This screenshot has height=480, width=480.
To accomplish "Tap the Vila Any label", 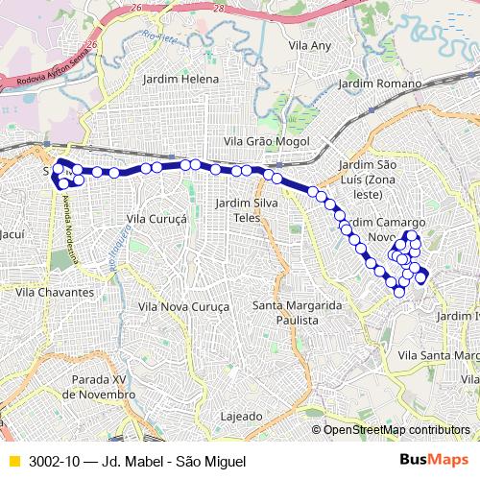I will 309,45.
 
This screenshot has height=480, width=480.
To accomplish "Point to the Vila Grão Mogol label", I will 266,141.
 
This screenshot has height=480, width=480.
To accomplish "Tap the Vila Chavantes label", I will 55,291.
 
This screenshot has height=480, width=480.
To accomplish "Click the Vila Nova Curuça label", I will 184,306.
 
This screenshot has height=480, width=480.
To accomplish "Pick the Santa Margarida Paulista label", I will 297,312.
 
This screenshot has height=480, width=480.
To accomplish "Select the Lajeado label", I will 241,417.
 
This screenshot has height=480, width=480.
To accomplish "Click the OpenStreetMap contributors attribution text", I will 396,429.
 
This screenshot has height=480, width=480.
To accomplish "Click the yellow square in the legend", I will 13,461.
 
